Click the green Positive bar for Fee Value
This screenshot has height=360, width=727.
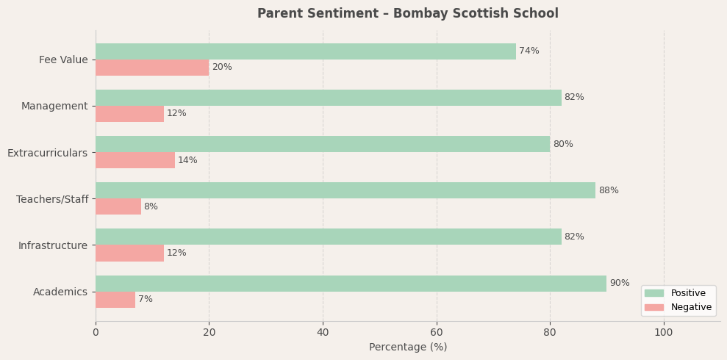click(305, 51)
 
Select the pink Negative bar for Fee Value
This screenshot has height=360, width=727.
click(152, 68)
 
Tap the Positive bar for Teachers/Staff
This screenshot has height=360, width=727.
click(345, 190)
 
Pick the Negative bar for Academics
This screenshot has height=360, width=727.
click(115, 300)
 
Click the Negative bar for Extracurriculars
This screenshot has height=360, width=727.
click(135, 160)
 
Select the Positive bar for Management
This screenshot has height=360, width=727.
click(328, 98)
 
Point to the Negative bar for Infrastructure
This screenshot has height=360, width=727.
click(129, 253)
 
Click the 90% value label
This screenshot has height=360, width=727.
click(619, 284)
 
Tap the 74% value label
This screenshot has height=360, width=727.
click(529, 51)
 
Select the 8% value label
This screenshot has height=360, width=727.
click(151, 207)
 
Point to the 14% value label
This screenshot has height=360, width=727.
click(187, 161)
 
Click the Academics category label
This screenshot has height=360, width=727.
click(60, 292)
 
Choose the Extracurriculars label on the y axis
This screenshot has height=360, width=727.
click(47, 153)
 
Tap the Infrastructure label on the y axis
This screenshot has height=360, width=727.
click(53, 245)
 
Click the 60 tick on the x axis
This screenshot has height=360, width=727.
click(437, 333)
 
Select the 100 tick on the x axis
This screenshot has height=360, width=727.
click(664, 333)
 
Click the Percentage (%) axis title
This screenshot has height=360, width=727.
click(408, 348)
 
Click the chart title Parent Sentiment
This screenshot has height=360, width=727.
click(408, 14)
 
